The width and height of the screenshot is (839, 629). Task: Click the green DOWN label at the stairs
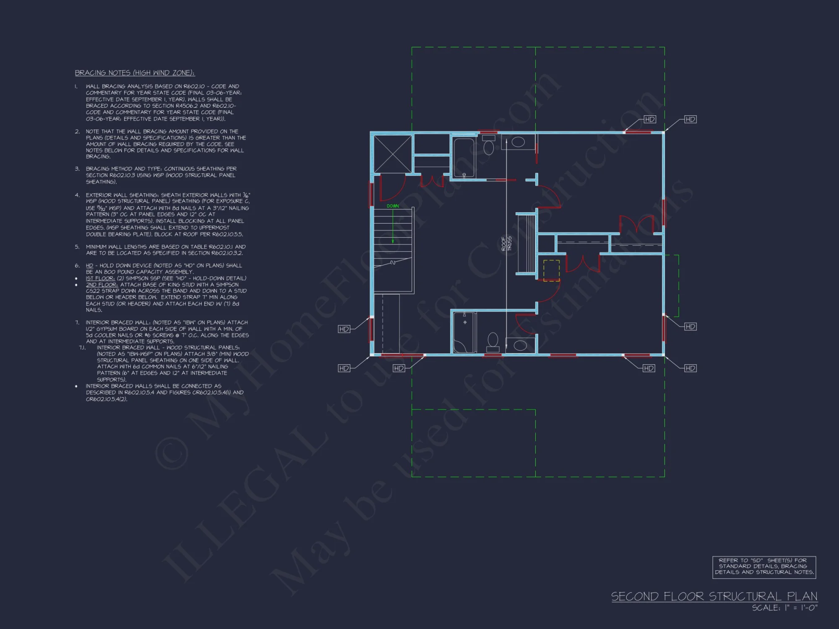(x=393, y=206)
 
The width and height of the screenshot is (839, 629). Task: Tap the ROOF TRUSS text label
(x=506, y=244)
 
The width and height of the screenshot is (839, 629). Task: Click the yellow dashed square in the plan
(x=551, y=270)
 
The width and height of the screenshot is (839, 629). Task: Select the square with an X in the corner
(x=392, y=153)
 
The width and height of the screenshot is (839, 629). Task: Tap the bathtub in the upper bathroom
(x=464, y=158)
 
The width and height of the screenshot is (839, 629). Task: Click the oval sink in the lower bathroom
(x=520, y=346)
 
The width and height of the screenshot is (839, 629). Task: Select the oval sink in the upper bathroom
(x=518, y=142)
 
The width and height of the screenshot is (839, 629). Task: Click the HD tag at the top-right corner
(x=690, y=120)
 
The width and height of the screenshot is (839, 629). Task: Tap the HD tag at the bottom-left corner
(x=344, y=368)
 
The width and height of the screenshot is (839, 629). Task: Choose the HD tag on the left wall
(x=344, y=329)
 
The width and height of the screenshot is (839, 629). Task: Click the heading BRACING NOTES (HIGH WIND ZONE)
(x=135, y=73)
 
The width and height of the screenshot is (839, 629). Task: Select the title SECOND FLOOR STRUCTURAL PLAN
(x=714, y=596)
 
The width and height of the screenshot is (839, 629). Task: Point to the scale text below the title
(x=784, y=608)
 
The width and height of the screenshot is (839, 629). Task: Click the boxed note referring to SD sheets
(x=764, y=567)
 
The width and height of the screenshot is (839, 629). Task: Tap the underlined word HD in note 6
(x=89, y=265)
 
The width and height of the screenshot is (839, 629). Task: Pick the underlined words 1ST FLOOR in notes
(x=100, y=278)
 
